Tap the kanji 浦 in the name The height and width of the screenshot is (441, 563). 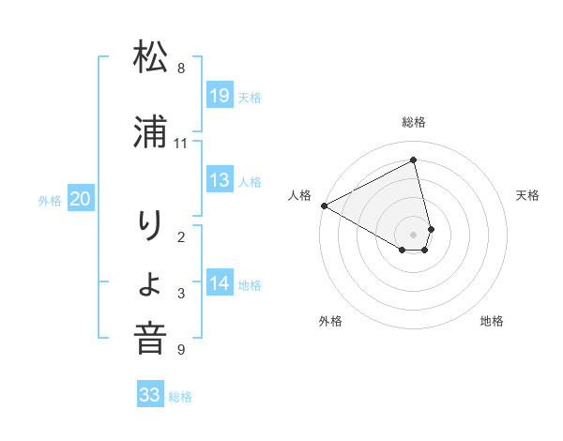pyautogui.click(x=150, y=133)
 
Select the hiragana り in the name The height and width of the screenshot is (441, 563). pyautogui.click(x=150, y=226)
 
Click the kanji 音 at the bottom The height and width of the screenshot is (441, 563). pyautogui.click(x=150, y=339)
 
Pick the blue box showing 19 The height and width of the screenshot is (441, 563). pyautogui.click(x=220, y=96)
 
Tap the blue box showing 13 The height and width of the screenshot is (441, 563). pyautogui.click(x=220, y=181)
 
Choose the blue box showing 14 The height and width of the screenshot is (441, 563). pyautogui.click(x=220, y=284)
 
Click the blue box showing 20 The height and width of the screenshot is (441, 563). pyautogui.click(x=81, y=199)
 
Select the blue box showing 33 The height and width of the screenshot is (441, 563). pyautogui.click(x=150, y=395)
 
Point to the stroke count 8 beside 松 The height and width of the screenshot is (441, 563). pyautogui.click(x=180, y=68)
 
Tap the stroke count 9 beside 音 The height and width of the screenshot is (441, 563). pyautogui.click(x=180, y=350)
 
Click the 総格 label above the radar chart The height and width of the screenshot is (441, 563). pyautogui.click(x=414, y=122)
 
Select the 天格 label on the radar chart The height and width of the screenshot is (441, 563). pyautogui.click(x=528, y=195)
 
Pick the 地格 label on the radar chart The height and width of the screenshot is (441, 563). pyautogui.click(x=492, y=321)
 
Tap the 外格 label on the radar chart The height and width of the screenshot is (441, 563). pyautogui.click(x=330, y=321)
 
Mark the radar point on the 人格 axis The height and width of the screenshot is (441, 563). pyautogui.click(x=324, y=205)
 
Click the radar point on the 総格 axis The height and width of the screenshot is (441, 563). pyautogui.click(x=414, y=161)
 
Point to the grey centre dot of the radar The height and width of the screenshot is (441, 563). pyautogui.click(x=414, y=234)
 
